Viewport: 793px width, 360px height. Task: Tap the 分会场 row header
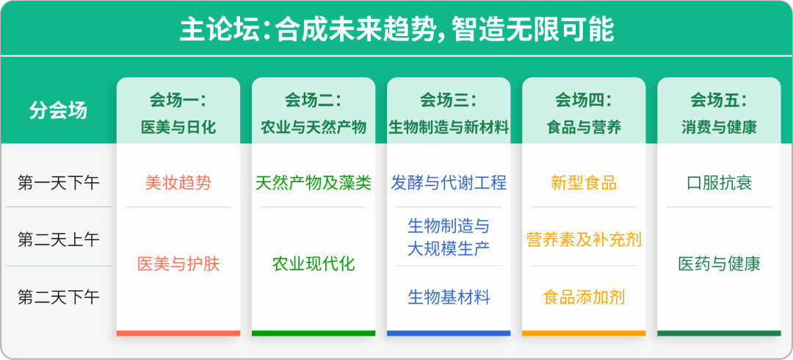click(x=58, y=110)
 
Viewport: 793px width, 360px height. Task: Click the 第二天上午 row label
click(x=58, y=240)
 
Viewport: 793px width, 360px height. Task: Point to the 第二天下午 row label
click(x=58, y=298)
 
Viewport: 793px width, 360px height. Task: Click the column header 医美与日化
click(x=178, y=127)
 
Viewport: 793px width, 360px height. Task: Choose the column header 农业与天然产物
click(x=314, y=127)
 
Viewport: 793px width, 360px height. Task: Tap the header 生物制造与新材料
click(x=449, y=127)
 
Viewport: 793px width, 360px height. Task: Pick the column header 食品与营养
click(x=584, y=127)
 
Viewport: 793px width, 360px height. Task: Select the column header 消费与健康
click(x=719, y=127)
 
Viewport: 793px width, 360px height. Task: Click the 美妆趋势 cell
click(x=178, y=182)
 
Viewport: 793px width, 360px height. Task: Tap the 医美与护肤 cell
click(x=178, y=264)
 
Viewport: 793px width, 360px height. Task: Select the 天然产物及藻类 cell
click(x=314, y=182)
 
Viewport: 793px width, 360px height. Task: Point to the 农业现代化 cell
click(x=314, y=264)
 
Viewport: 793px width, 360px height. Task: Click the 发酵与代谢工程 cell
click(x=449, y=182)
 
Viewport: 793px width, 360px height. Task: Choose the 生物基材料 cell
click(x=449, y=298)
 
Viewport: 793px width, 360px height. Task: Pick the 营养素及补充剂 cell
click(x=584, y=240)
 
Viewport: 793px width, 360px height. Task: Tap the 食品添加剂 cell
click(x=584, y=298)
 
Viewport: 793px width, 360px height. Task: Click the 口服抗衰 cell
click(x=719, y=182)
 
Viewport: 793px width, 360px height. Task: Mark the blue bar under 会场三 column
click(x=449, y=333)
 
